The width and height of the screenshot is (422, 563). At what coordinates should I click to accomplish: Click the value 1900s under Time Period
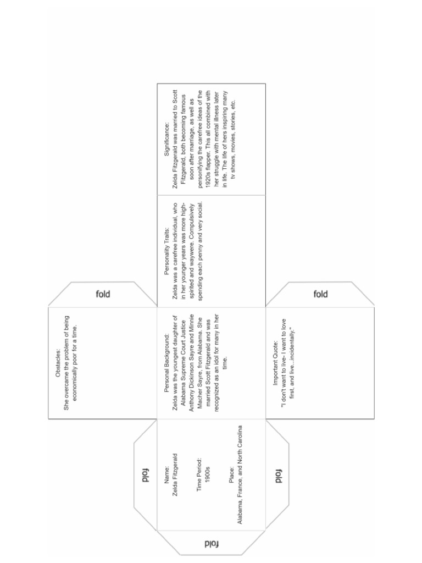coord(207,473)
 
